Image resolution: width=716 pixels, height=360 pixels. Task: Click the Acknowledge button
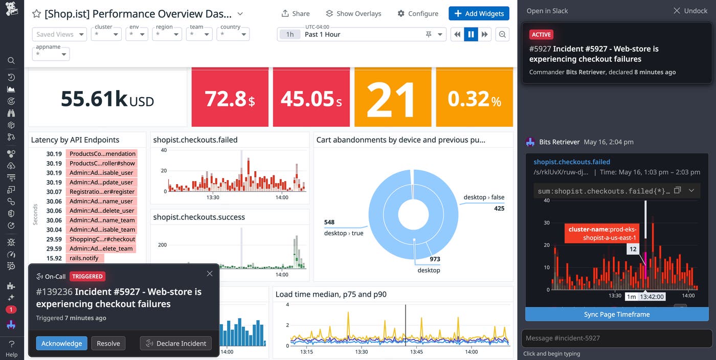tap(61, 343)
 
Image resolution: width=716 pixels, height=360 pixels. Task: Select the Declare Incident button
tap(176, 343)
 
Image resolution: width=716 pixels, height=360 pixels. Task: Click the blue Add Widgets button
tap(479, 13)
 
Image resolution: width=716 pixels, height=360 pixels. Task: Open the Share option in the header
tap(296, 13)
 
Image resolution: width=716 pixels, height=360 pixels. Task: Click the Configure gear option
tap(418, 13)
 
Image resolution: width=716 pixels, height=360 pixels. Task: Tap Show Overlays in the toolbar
tap(353, 13)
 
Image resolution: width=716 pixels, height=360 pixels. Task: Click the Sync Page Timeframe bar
tap(616, 314)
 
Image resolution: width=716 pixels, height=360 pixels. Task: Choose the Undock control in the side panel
tap(690, 11)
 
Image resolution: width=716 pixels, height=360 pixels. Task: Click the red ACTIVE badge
tap(541, 35)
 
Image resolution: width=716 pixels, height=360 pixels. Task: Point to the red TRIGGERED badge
tap(87, 276)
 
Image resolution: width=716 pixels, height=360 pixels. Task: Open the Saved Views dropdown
tap(60, 34)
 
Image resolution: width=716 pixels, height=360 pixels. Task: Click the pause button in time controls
tap(471, 34)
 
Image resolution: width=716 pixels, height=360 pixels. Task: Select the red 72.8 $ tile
tap(230, 98)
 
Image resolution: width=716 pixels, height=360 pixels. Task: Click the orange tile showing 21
tap(391, 98)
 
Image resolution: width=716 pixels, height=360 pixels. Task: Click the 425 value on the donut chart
tap(499, 208)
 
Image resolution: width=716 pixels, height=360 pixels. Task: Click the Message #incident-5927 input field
tap(616, 338)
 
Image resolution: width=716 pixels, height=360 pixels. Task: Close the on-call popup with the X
tap(210, 274)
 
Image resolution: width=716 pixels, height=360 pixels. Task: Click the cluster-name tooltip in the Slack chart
tap(602, 234)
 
